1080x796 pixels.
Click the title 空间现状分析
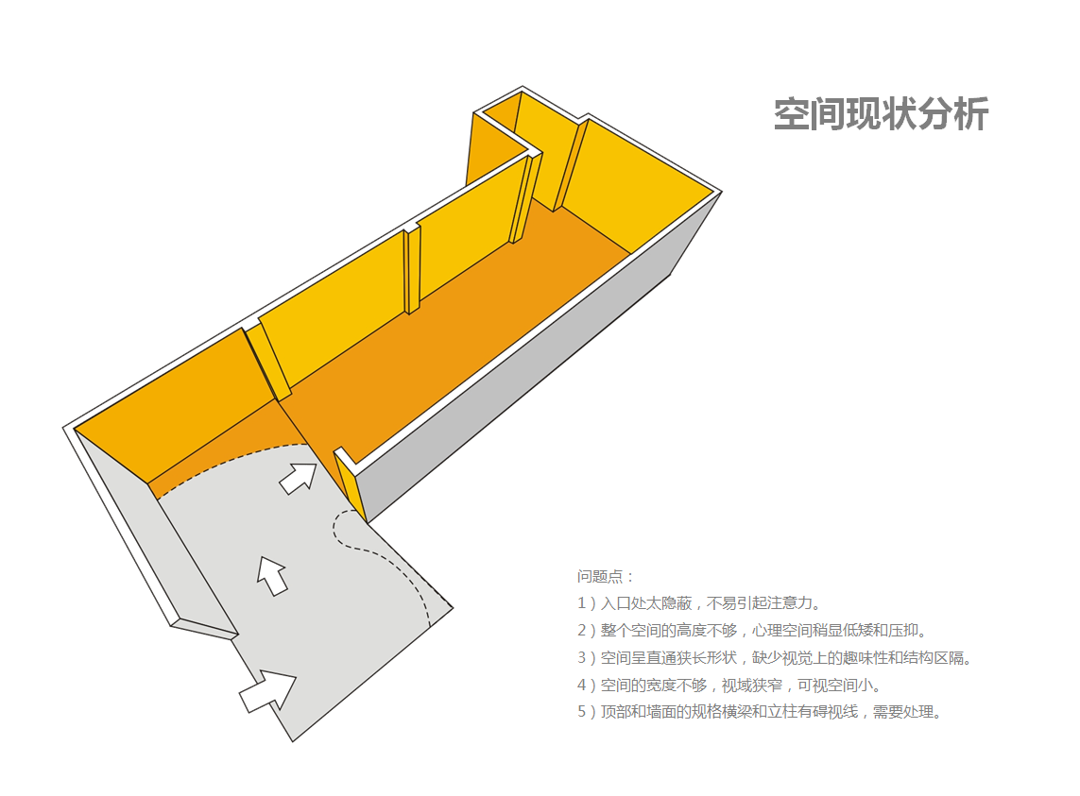881,114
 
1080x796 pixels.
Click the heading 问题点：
607,576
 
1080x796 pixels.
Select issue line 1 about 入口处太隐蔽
699,602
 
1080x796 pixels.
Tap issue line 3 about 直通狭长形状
775,657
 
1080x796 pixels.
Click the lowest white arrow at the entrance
268,691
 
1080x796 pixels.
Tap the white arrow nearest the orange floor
300,477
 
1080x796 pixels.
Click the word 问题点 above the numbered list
601,576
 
